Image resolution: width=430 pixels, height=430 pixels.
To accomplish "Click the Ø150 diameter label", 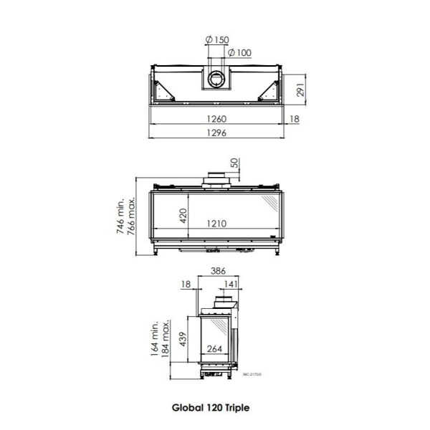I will tap(219, 40).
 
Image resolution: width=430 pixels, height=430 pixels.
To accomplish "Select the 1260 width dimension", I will tap(217, 119).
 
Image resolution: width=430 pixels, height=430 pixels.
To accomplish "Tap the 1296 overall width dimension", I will tap(217, 133).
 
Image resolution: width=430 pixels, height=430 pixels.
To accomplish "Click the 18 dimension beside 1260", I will tap(295, 119).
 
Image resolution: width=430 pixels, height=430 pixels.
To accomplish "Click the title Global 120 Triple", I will tap(211, 406).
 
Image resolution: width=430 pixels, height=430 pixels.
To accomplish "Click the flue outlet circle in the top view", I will tap(217, 80).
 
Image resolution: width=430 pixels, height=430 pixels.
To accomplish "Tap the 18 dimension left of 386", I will tap(187, 285).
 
